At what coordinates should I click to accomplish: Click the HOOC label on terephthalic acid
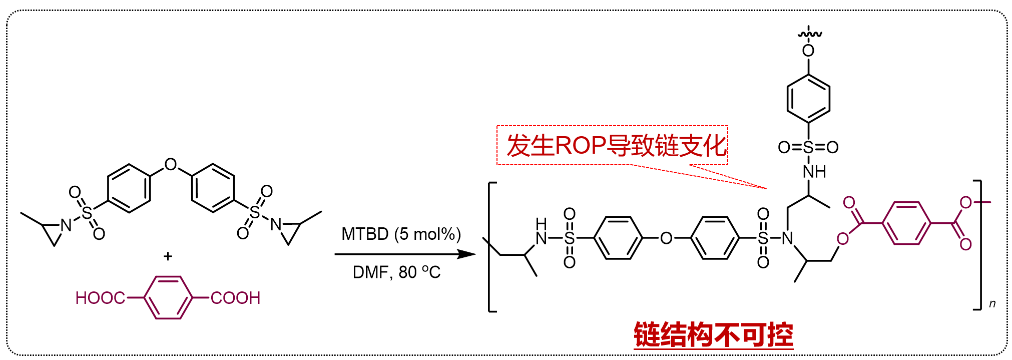pyautogui.click(x=100, y=298)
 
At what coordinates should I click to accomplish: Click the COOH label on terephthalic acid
pyautogui.click(x=235, y=298)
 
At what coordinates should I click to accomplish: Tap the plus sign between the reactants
pyautogui.click(x=168, y=256)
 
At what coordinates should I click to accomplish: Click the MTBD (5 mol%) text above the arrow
pyautogui.click(x=401, y=234)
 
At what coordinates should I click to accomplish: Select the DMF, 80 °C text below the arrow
pyautogui.click(x=396, y=272)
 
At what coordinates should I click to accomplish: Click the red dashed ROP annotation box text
pyautogui.click(x=616, y=146)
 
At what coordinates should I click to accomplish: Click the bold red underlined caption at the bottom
pyautogui.click(x=713, y=335)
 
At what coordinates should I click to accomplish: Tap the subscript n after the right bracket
pyautogui.click(x=992, y=303)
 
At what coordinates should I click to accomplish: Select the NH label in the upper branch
pyautogui.click(x=814, y=172)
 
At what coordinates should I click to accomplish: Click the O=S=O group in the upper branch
pyautogui.click(x=808, y=147)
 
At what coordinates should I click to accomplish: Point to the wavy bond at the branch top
pyautogui.click(x=809, y=34)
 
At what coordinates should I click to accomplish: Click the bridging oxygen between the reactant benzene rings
pyautogui.click(x=171, y=164)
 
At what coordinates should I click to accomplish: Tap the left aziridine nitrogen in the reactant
pyautogui.click(x=66, y=225)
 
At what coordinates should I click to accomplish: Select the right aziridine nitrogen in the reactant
pyautogui.click(x=276, y=224)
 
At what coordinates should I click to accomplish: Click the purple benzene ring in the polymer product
pyautogui.click(x=906, y=223)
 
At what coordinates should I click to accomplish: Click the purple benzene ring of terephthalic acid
pyautogui.click(x=168, y=297)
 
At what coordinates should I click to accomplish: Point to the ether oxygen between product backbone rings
pyautogui.click(x=666, y=238)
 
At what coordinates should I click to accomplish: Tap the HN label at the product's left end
pyautogui.click(x=542, y=231)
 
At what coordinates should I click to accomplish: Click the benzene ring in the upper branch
pyautogui.click(x=808, y=99)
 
